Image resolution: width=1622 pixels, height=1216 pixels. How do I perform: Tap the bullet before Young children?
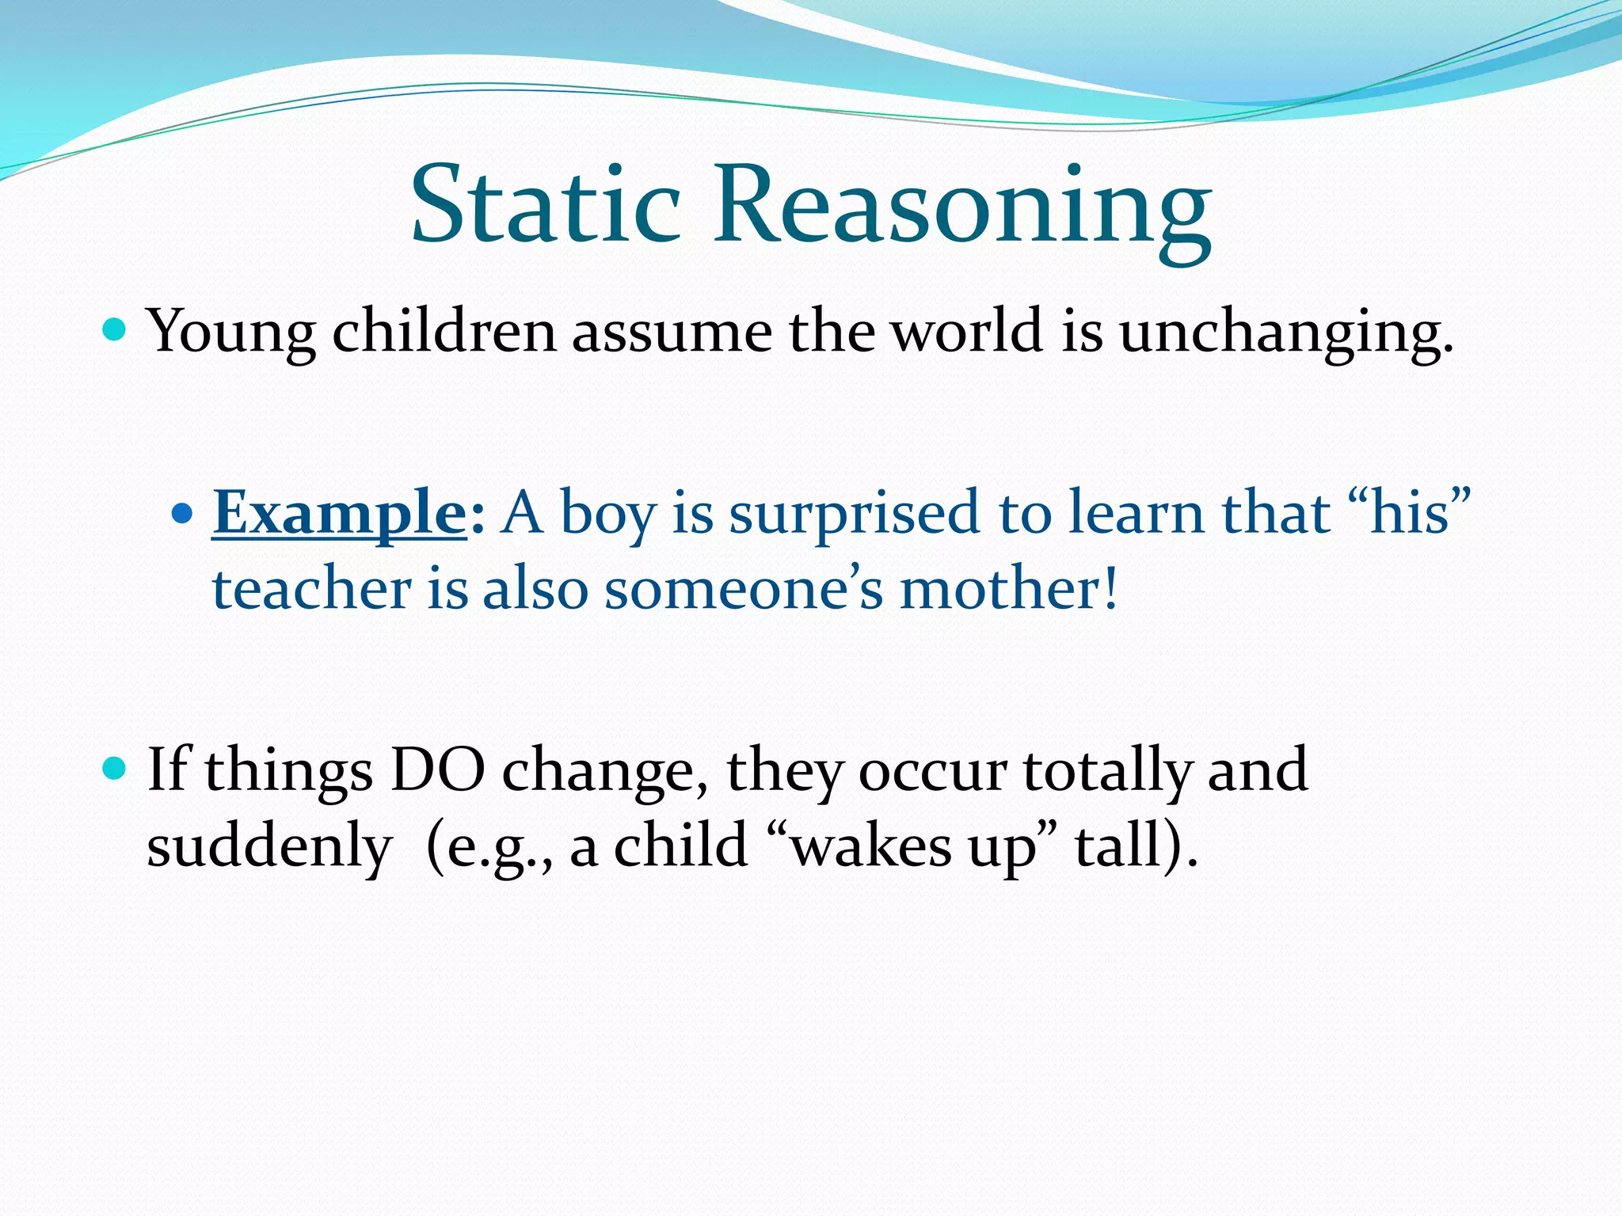(115, 329)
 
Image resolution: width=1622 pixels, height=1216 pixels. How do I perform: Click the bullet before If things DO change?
(115, 768)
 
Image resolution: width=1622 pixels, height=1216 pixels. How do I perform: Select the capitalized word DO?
(437, 769)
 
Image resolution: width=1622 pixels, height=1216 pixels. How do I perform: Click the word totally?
(1106, 771)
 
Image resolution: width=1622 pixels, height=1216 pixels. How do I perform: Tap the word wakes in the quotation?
(871, 845)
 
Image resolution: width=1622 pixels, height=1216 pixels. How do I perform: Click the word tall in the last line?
(1117, 844)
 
